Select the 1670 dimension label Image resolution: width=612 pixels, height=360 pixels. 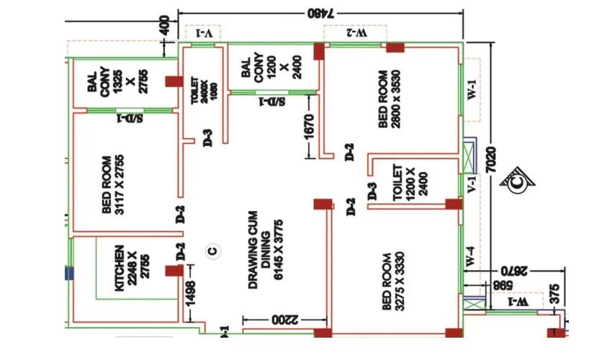(310, 129)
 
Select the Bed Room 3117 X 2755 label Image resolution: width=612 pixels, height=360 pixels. (117, 185)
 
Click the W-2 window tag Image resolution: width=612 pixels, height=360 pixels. (356, 33)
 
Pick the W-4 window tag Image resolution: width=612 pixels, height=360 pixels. (471, 258)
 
